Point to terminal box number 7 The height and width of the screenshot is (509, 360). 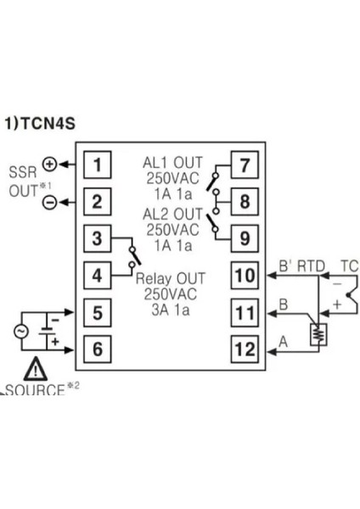[x=244, y=165]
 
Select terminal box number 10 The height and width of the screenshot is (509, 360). [x=244, y=276]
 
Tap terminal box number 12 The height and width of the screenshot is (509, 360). [x=244, y=348]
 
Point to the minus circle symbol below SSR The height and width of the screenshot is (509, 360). [x=48, y=202]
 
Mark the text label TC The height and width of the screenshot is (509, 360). [x=348, y=266]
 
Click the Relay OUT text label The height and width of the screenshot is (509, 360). [x=168, y=276]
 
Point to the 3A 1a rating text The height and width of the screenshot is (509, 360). [x=168, y=308]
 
